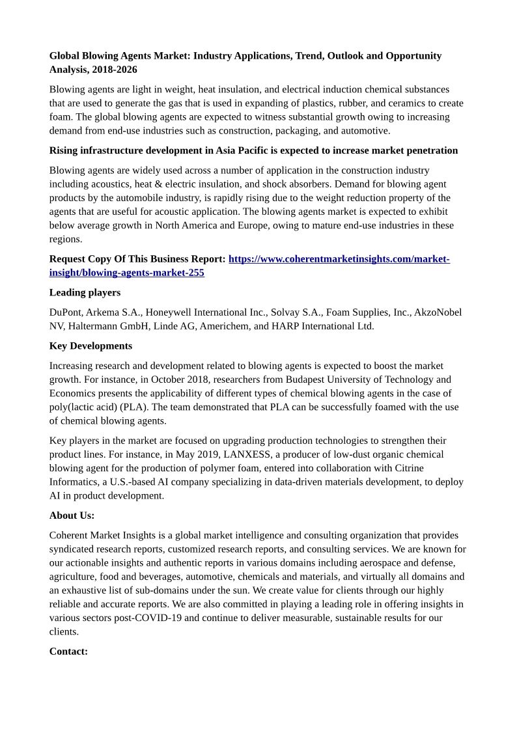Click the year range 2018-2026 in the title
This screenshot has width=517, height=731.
115,69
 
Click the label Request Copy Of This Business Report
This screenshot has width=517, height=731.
137,259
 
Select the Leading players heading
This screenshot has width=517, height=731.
85,292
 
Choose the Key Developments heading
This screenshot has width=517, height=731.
91,346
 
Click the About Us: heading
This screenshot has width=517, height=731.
72,516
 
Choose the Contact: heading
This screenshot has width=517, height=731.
68,651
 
